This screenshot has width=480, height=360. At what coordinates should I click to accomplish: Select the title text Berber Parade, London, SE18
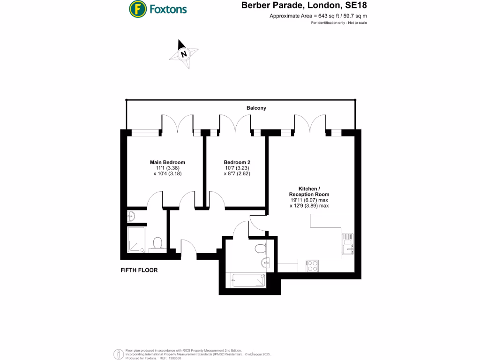[x=304, y=6]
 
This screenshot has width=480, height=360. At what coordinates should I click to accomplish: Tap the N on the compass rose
[x=184, y=54]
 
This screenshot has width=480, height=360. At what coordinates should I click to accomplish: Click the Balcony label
[x=256, y=108]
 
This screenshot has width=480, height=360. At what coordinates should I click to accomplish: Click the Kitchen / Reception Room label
[x=309, y=191]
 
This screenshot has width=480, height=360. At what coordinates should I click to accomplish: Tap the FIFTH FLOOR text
[x=139, y=270]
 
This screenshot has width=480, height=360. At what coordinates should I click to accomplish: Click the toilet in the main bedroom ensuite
[x=157, y=243]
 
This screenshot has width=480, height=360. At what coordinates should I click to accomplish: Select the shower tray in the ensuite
[x=137, y=240]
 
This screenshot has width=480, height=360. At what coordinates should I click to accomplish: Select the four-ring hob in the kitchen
[x=312, y=266]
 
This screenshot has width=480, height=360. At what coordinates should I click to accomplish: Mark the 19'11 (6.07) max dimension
[x=309, y=200]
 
